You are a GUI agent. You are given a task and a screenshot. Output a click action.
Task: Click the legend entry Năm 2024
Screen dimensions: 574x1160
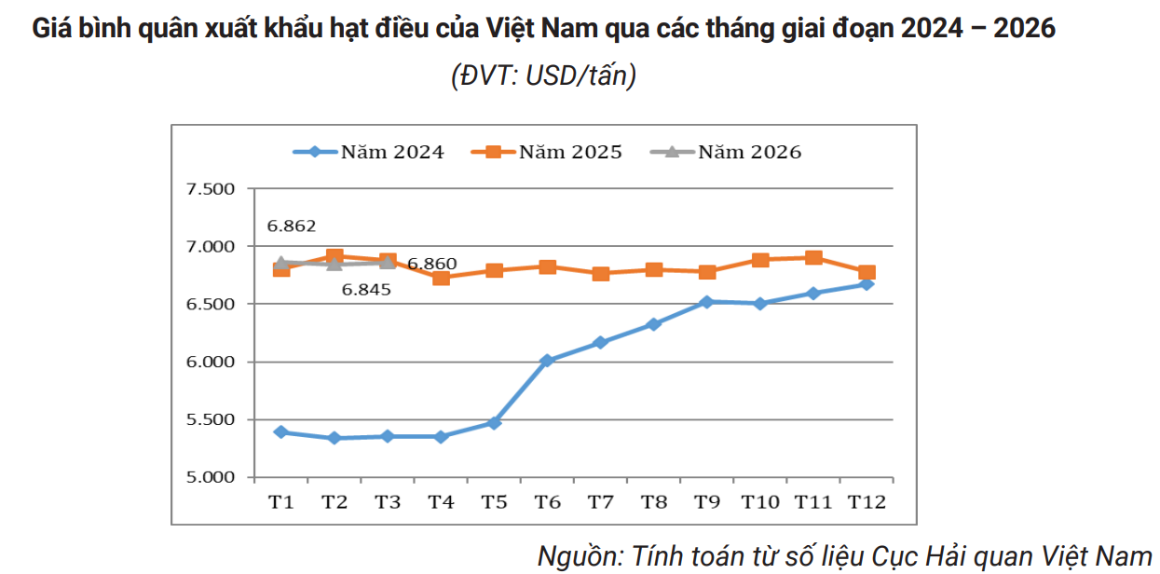click(x=367, y=152)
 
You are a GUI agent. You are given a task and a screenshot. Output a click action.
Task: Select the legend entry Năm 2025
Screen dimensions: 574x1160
click(x=546, y=152)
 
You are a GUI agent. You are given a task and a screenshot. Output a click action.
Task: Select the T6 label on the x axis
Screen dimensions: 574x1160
click(x=547, y=502)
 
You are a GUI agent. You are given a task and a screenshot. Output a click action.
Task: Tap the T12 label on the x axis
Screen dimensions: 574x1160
click(x=866, y=502)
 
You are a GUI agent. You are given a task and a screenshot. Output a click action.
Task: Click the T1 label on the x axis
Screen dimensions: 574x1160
click(x=281, y=502)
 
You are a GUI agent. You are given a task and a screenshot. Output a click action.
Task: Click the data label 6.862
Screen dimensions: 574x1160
click(x=292, y=225)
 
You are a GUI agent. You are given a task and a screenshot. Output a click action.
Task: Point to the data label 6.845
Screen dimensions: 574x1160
click(x=366, y=289)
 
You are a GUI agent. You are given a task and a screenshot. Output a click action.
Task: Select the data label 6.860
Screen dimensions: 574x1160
click(x=432, y=264)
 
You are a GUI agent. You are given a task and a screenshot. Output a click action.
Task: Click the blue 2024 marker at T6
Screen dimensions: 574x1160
click(x=547, y=360)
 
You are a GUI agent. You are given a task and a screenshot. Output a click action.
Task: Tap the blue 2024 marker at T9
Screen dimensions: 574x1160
click(x=706, y=302)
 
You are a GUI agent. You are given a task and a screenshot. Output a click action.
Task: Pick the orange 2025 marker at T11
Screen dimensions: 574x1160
click(x=813, y=258)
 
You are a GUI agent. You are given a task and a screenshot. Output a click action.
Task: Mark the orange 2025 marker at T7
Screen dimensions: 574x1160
click(x=601, y=274)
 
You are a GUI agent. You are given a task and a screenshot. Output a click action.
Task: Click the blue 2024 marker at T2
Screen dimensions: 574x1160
click(x=334, y=438)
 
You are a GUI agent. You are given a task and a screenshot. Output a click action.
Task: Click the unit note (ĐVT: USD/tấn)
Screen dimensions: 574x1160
click(x=543, y=75)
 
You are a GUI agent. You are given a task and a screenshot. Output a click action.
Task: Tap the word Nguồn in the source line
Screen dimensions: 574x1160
click(x=580, y=556)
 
